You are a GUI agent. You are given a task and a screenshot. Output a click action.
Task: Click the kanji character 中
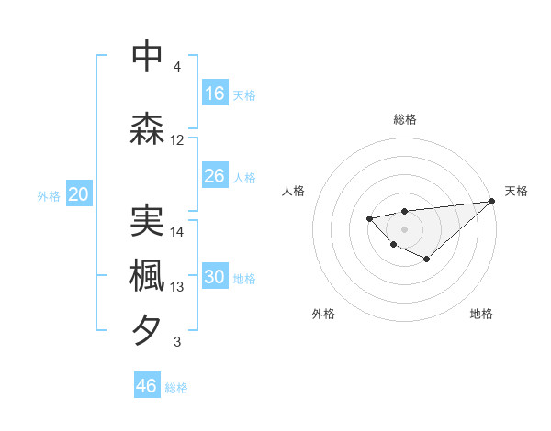[x=148, y=56]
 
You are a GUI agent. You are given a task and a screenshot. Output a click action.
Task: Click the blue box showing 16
[x=215, y=94]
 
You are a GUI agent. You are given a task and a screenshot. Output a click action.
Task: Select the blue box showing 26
[x=215, y=176]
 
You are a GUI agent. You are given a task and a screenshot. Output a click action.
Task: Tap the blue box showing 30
[x=215, y=278]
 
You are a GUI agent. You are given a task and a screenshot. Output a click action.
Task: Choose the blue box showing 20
[x=79, y=194]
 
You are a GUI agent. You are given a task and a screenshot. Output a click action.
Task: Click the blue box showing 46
[x=147, y=386]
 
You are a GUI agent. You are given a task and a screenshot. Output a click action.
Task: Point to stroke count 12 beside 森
[x=177, y=140]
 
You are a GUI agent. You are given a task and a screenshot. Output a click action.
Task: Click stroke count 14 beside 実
[x=177, y=232]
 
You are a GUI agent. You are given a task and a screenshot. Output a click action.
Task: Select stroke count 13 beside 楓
[x=177, y=287]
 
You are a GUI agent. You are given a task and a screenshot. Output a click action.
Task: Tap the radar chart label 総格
[x=404, y=119]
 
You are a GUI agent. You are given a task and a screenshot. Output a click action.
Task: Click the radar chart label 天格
[x=516, y=191]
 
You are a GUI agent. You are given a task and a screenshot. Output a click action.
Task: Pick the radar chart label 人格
[x=294, y=191]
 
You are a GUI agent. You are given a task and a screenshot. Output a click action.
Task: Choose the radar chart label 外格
[x=323, y=314]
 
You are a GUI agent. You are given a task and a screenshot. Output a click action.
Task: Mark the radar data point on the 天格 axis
[x=492, y=201]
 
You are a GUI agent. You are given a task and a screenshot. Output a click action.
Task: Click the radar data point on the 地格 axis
[x=427, y=260]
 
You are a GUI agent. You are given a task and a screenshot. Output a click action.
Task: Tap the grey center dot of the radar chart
[x=404, y=228]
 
